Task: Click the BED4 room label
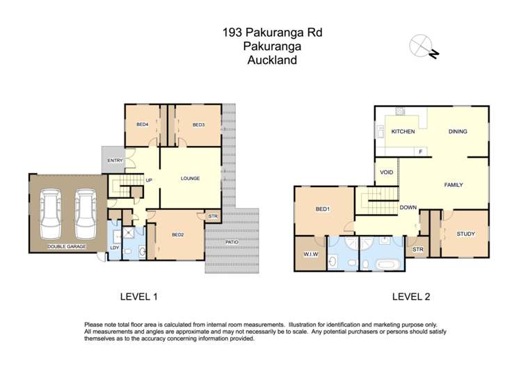tap(143, 124)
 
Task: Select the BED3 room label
tap(198, 124)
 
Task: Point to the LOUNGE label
tap(191, 179)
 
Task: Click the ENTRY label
tap(114, 161)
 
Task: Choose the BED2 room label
tap(178, 234)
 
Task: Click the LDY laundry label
tap(114, 248)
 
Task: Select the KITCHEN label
tap(403, 131)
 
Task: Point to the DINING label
tap(458, 131)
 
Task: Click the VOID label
tap(386, 172)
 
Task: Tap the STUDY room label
tap(465, 234)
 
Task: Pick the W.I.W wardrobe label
tap(310, 254)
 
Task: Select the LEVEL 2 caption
tap(411, 297)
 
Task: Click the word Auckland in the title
tap(272, 60)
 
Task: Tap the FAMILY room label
tap(454, 185)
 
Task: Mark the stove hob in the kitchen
tap(400, 111)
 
